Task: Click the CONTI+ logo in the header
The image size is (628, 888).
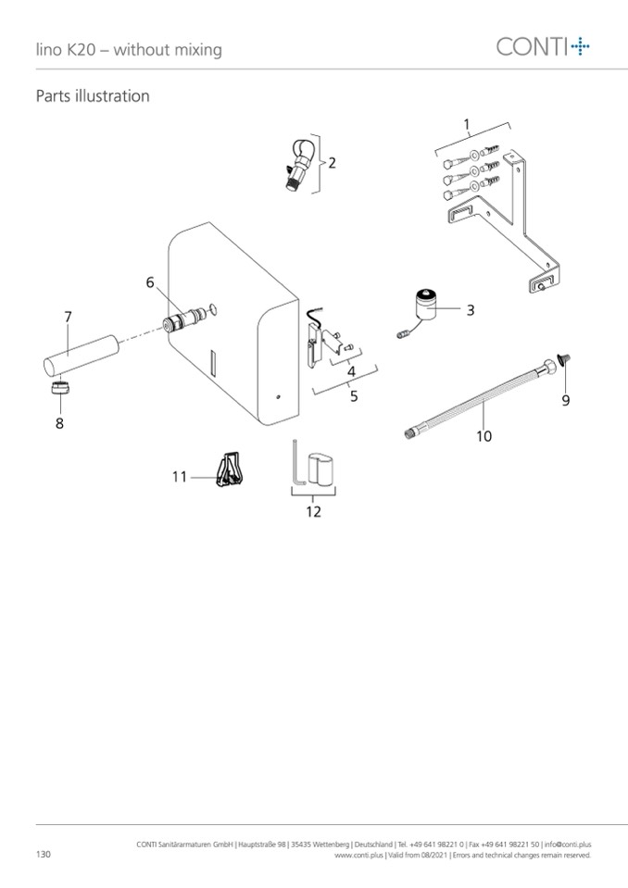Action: [543, 46]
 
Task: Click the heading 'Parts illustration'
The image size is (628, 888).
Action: [93, 96]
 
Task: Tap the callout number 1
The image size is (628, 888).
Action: [467, 124]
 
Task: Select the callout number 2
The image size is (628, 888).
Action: [332, 163]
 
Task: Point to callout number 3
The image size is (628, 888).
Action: [470, 310]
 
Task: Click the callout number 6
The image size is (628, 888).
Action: [149, 282]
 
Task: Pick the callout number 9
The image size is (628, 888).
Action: [565, 400]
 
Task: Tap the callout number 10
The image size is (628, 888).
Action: [484, 436]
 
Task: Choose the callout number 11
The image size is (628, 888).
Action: [179, 477]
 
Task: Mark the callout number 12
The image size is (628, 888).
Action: [313, 512]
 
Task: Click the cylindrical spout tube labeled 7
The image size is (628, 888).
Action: [82, 355]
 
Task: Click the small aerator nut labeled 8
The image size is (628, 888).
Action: [60, 389]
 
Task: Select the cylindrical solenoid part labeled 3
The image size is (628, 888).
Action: [426, 305]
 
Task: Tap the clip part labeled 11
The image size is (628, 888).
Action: [230, 469]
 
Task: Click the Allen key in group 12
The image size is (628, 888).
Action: [298, 461]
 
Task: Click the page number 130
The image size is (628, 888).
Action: [43, 854]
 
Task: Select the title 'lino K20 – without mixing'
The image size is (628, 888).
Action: [129, 50]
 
